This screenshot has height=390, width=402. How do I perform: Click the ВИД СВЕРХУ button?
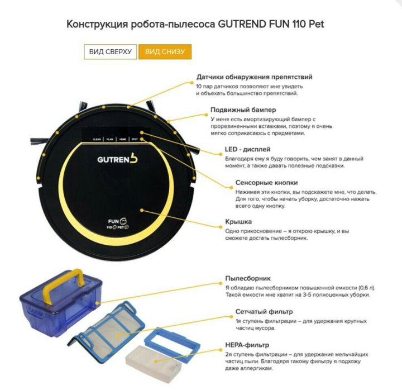pyautogui.click(x=110, y=52)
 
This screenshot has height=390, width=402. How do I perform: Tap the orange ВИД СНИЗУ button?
pyautogui.click(x=165, y=52)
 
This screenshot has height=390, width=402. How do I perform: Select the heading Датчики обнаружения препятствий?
pyautogui.click(x=255, y=77)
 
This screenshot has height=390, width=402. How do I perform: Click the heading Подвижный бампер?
pyautogui.click(x=243, y=110)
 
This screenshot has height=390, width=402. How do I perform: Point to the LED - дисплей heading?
pyautogui.click(x=247, y=149)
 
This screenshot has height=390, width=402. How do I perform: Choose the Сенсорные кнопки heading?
pyautogui.click(x=267, y=183)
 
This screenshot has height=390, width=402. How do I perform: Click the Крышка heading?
pyautogui.click(x=238, y=222)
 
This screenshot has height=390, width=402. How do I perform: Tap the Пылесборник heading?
pyautogui.click(x=248, y=278)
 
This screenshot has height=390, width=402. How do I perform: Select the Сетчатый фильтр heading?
pyautogui.click(x=264, y=312)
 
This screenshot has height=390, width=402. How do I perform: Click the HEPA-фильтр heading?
pyautogui.click(x=247, y=345)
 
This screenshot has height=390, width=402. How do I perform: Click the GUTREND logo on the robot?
pyautogui.click(x=117, y=159)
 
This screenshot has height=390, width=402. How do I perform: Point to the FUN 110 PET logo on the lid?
pyautogui.click(x=118, y=223)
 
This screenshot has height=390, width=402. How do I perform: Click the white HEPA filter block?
pyautogui.click(x=154, y=358)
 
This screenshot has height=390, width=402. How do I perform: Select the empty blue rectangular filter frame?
pyautogui.click(x=173, y=342)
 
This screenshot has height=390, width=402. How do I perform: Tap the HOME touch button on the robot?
pyautogui.click(x=122, y=139)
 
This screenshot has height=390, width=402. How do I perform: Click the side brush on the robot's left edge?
pyautogui.click(x=39, y=141)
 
